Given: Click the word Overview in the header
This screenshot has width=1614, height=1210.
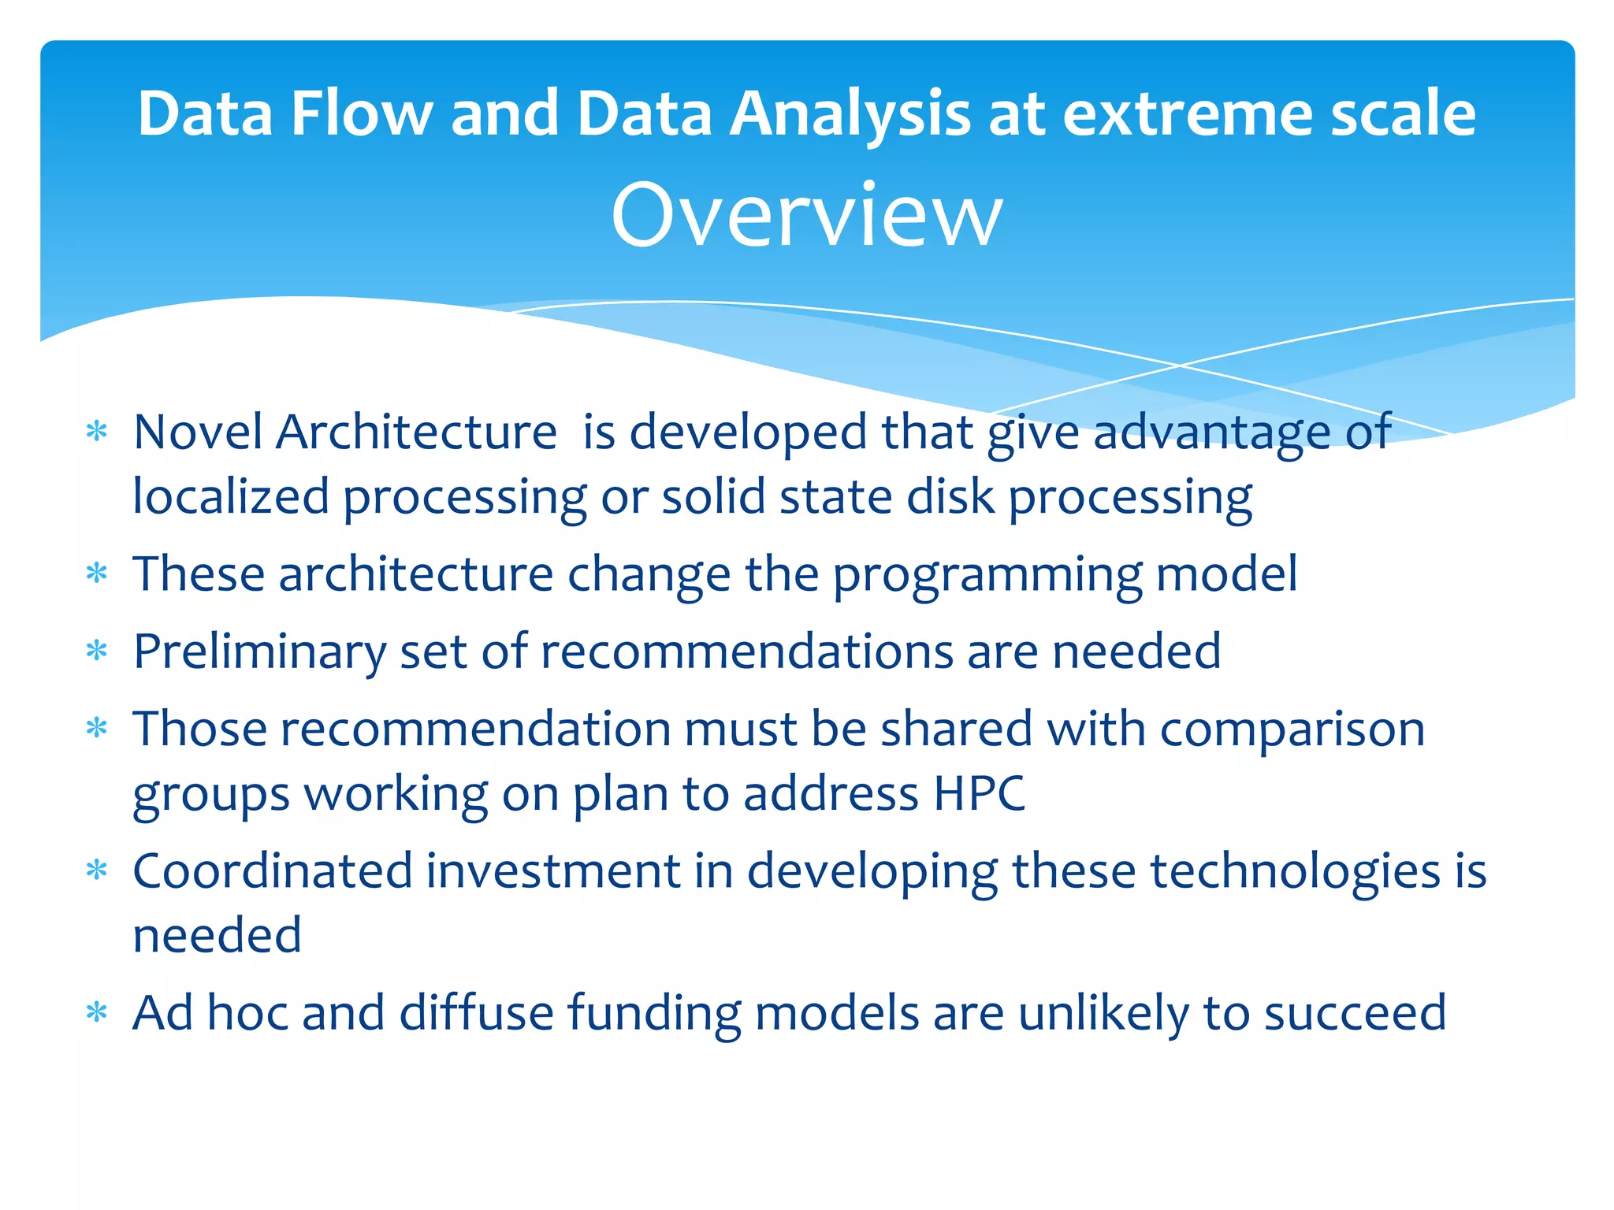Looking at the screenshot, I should click(806, 215).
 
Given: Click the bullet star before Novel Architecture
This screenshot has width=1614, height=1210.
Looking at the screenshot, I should click(96, 432).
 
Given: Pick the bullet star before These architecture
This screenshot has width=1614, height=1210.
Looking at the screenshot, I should click(96, 573).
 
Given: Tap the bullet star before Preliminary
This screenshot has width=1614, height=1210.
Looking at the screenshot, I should click(96, 651).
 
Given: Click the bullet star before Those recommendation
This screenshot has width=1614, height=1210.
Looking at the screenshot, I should click(96, 728).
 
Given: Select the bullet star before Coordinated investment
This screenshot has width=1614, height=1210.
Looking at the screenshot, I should click(96, 870).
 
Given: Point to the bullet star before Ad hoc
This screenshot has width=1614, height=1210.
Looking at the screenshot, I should click(96, 1012).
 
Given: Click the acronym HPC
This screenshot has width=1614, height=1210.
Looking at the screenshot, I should click(979, 793).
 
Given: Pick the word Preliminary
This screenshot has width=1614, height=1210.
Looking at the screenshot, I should click(259, 651).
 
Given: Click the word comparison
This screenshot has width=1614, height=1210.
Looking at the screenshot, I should click(1292, 729).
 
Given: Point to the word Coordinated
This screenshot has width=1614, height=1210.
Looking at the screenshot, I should click(273, 871).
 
